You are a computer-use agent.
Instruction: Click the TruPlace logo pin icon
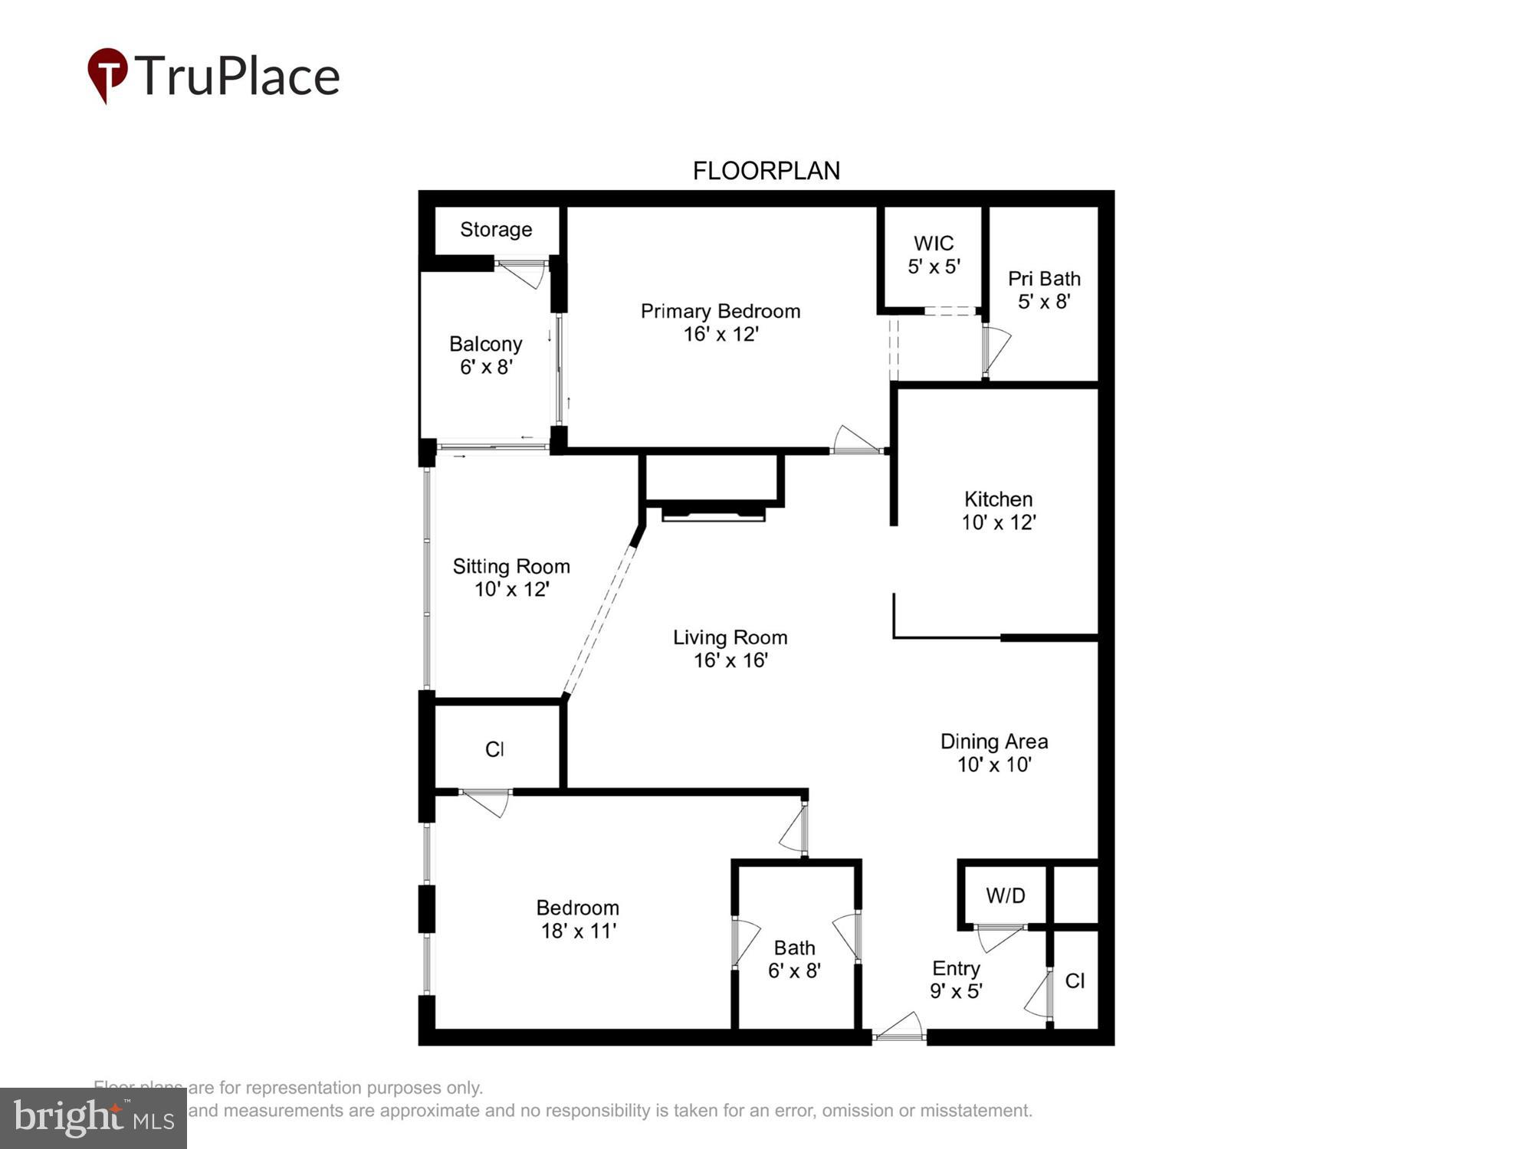[107, 74]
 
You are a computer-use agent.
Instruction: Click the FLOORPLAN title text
[766, 171]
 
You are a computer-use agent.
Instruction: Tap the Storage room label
[496, 230]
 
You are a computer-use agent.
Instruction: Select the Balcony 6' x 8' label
[486, 355]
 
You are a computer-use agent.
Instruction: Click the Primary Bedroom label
[721, 322]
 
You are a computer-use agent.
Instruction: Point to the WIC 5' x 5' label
[934, 255]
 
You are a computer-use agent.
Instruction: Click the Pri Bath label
[1044, 290]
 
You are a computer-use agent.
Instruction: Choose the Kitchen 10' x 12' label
[998, 511]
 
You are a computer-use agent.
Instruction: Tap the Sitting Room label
[511, 578]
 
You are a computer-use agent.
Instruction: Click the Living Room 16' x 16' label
[730, 649]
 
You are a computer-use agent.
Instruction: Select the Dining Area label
[994, 753]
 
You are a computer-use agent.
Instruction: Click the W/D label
[1005, 895]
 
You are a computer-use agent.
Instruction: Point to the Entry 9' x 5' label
[956, 980]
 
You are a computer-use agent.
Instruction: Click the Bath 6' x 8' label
[794, 960]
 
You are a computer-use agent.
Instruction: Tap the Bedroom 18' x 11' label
[578, 919]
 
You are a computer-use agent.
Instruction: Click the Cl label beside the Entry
[1075, 981]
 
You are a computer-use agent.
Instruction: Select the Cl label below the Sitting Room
[494, 749]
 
